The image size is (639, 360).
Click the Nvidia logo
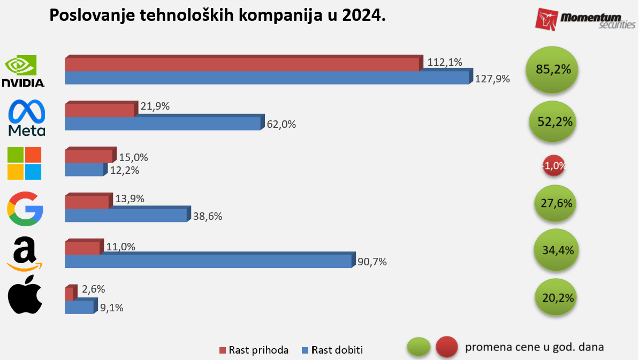tap(23, 72)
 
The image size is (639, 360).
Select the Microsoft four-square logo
tap(24, 163)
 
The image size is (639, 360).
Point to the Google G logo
tap(25, 209)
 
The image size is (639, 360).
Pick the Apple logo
tap(25, 295)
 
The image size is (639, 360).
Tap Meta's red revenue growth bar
tap(99, 110)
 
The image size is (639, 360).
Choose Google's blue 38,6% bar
tap(126, 215)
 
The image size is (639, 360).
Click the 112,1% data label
tap(444, 63)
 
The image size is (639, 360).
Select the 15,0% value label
tap(133, 158)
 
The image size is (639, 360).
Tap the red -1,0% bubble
tap(554, 166)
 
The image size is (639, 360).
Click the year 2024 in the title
tap(361, 16)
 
